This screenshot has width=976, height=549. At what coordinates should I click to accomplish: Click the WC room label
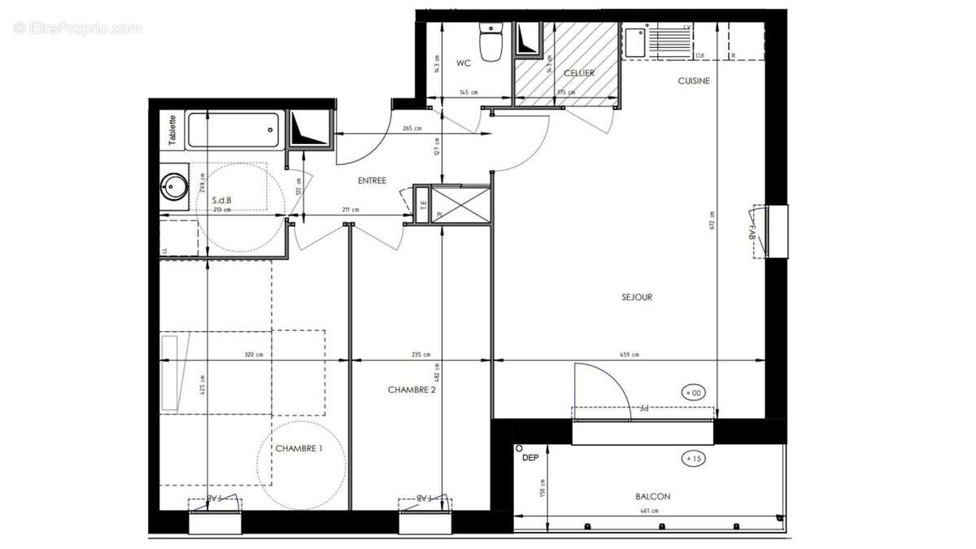(x=464, y=63)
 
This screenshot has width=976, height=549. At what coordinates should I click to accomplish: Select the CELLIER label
(x=578, y=73)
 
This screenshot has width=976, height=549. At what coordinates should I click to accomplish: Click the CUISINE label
(x=694, y=81)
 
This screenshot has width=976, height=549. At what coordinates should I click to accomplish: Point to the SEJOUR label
(x=637, y=297)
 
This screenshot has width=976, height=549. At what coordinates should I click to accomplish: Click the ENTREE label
(x=371, y=181)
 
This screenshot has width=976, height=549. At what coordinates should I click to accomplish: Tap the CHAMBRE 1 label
(x=298, y=448)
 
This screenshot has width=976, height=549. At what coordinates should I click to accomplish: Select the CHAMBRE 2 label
(x=412, y=390)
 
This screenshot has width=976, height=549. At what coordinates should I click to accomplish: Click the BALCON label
(x=653, y=496)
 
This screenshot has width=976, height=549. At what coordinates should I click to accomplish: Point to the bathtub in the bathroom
(x=233, y=130)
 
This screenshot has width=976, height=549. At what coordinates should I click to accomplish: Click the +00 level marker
(x=693, y=393)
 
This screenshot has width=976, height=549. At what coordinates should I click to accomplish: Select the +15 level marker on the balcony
(x=693, y=459)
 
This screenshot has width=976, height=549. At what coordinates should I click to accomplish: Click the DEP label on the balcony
(x=530, y=458)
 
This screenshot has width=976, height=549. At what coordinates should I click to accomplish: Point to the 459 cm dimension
(x=629, y=355)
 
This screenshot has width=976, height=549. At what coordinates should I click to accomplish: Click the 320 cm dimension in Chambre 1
(x=254, y=355)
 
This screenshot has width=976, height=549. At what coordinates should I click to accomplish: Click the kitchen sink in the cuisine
(x=635, y=41)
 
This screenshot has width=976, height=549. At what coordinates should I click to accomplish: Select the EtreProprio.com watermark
(x=77, y=28)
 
